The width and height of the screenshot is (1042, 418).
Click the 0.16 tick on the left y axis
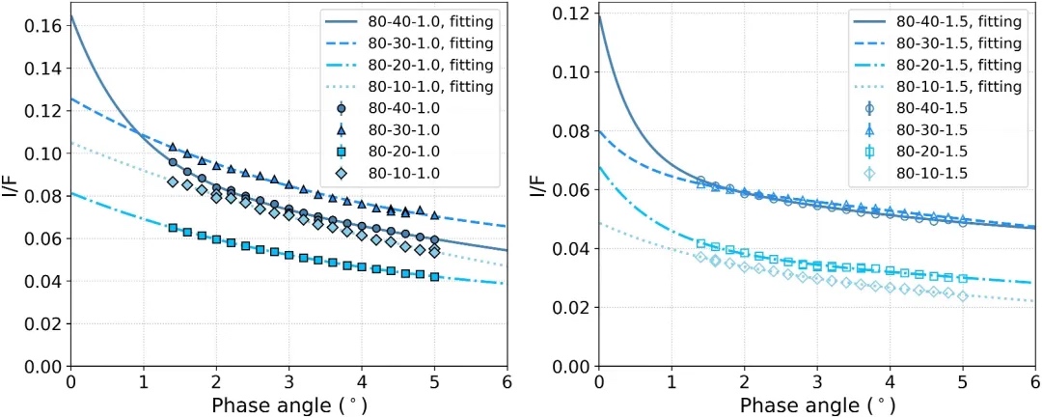42,26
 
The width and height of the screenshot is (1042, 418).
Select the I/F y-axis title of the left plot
13,183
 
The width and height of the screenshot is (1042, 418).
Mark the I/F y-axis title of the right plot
540,183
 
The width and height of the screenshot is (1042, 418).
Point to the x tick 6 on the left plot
507,383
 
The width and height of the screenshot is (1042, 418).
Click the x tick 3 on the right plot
817,383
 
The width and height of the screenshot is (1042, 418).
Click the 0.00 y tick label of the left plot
42,367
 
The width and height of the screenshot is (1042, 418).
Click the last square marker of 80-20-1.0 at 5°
434,277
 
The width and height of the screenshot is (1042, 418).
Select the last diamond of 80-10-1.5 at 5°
962,295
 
